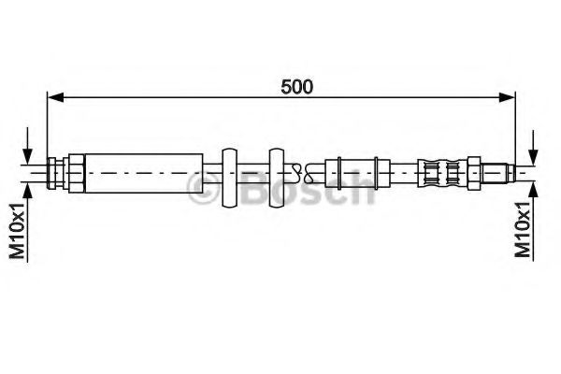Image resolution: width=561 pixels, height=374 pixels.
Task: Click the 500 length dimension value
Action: click(x=296, y=86)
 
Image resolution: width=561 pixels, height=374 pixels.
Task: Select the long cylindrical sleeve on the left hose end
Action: click(x=143, y=170)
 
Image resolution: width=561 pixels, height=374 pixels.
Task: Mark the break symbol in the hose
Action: click(x=298, y=170)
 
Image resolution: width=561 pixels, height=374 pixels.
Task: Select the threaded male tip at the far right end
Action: click(x=501, y=171)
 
